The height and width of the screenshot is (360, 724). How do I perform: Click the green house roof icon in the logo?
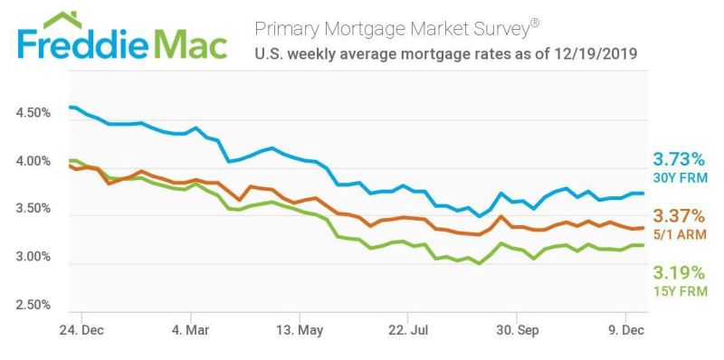[x=62, y=20]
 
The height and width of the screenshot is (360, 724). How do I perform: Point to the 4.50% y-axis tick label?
[x=33, y=113]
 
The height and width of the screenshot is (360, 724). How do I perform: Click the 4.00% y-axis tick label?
[x=33, y=162]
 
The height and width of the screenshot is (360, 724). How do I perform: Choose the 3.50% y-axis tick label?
[x=33, y=209]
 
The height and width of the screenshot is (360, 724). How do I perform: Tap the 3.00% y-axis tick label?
[x=33, y=257]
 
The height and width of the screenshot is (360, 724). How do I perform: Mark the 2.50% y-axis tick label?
[x=33, y=305]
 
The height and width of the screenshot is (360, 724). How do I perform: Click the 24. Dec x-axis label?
[x=81, y=330]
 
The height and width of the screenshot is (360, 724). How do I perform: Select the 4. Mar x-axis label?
[x=190, y=330]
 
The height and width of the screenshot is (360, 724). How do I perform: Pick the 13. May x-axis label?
[x=300, y=330]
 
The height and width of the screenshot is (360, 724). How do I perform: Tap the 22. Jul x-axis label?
[x=408, y=330]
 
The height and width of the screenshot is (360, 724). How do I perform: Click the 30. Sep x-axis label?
[x=517, y=330]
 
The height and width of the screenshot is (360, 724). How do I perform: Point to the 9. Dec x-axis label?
[x=626, y=330]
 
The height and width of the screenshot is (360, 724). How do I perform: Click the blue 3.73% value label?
[x=679, y=161]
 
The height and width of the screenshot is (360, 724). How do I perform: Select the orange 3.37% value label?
[x=679, y=215]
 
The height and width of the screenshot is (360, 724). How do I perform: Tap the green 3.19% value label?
[x=679, y=273]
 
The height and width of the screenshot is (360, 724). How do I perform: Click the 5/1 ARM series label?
[x=680, y=235]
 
